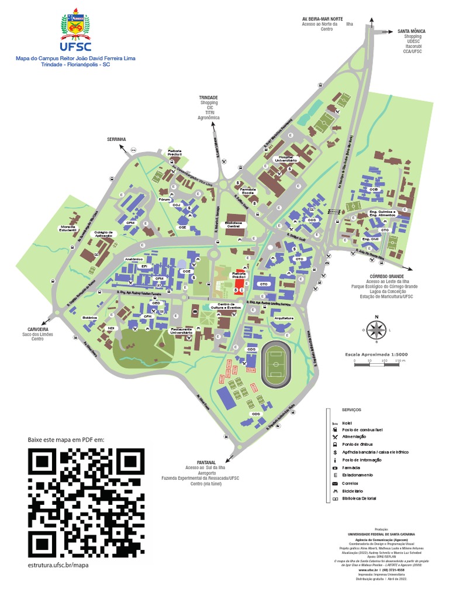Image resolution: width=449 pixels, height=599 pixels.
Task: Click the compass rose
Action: tap(376, 329)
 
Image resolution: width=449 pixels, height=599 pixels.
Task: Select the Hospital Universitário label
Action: tap(286, 158)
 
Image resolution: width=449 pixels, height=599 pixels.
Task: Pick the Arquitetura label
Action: tap(282, 318)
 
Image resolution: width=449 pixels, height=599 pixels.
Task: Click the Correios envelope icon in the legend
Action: tap(335, 483)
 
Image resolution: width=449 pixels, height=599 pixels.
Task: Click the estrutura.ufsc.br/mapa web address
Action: tap(58, 565)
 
